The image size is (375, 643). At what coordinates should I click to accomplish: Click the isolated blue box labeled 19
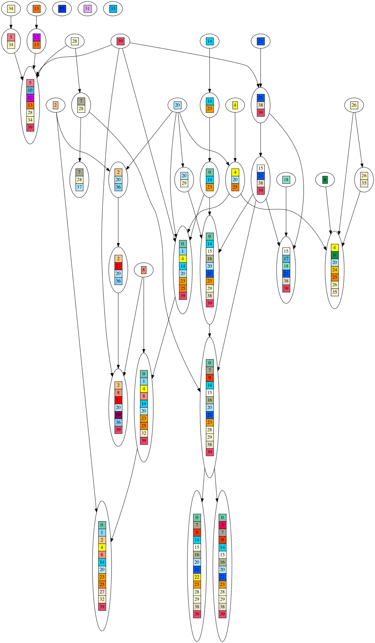[x=62, y=9]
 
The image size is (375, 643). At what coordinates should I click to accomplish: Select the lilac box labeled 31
[x=87, y=9]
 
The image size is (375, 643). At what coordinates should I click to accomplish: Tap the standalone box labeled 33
[x=113, y=9]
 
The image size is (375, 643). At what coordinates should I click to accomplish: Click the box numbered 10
[x=30, y=90]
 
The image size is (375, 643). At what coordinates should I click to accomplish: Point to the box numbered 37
[x=79, y=187]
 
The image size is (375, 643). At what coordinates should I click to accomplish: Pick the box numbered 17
[x=286, y=259]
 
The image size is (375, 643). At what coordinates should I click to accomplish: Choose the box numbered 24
[x=335, y=270]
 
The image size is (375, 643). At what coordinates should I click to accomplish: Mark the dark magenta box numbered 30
[x=118, y=415]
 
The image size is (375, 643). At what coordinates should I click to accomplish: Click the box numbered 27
[x=102, y=592]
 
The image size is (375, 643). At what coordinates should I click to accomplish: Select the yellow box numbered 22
[x=197, y=577]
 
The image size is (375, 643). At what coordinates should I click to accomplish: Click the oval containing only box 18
[x=286, y=179]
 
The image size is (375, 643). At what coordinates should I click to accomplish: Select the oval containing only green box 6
[x=325, y=179]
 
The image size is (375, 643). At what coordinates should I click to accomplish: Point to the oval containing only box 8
[x=143, y=270]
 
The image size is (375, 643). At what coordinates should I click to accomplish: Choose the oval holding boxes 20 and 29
[x=184, y=179]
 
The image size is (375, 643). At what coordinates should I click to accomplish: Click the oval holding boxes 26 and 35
[x=364, y=179]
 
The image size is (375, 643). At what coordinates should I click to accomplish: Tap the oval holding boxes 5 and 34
[x=11, y=41]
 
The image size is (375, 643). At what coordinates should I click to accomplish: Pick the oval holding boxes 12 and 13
[x=36, y=41]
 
